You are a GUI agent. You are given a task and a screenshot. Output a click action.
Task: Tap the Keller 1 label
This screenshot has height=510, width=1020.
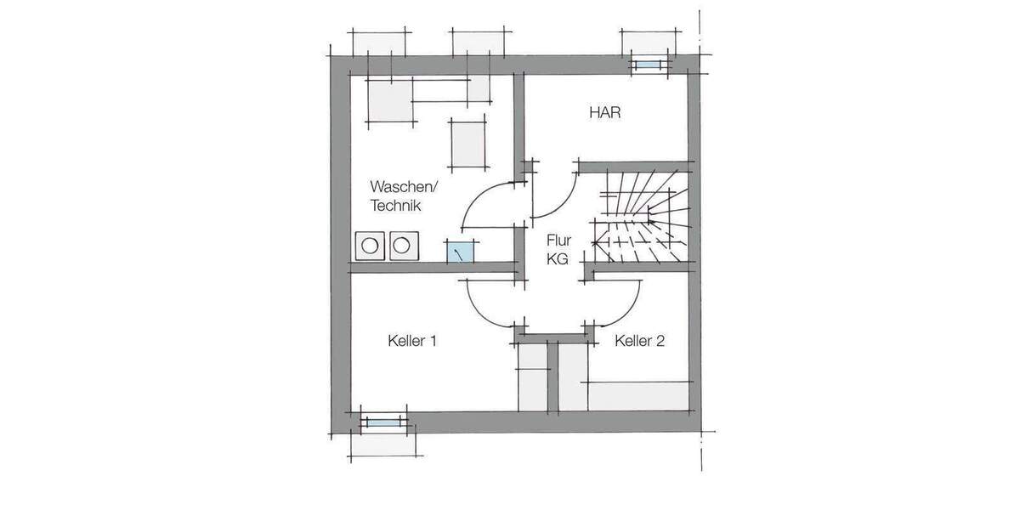(411, 342)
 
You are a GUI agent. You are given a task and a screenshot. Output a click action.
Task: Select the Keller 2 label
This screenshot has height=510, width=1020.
(639, 342)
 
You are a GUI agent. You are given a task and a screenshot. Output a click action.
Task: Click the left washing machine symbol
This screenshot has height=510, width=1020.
(370, 245)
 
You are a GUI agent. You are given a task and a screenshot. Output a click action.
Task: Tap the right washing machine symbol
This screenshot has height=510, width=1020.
(400, 245)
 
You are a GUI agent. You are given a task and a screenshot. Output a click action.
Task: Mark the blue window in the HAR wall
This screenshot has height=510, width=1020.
(648, 65)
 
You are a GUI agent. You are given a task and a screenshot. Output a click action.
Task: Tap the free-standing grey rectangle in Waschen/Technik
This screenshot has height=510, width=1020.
(467, 142)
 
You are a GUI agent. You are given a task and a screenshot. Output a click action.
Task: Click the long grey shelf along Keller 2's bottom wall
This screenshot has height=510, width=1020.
(637, 395)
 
